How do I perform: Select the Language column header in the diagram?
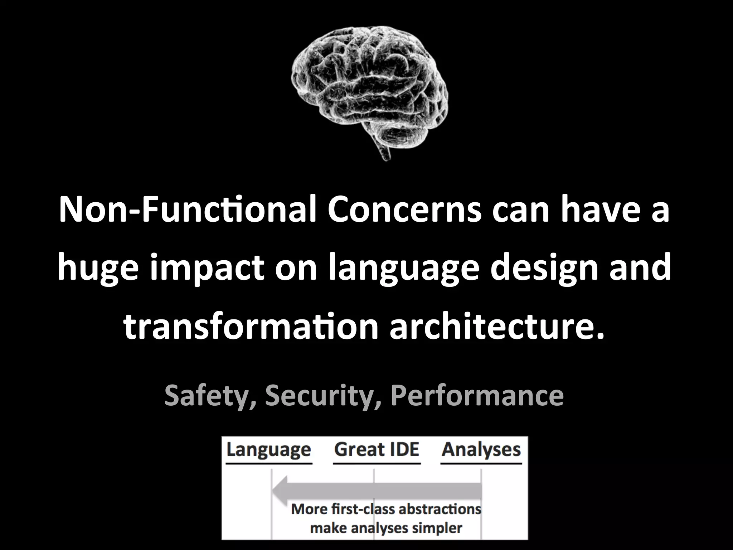[x=268, y=450]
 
